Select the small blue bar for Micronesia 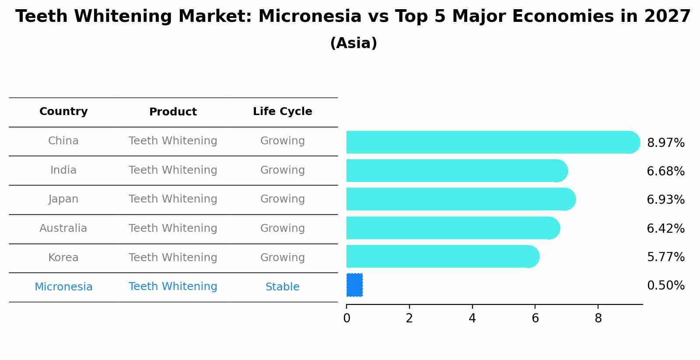point(354,285)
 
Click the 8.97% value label point(665,143)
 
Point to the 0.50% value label point(665,286)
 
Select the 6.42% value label point(665,228)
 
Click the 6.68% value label point(665,171)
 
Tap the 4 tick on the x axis point(472,318)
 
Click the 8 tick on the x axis point(598,318)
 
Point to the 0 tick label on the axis point(346,318)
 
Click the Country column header point(63,112)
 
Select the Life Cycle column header point(282,112)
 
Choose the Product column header point(173,112)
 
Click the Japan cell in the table point(63,199)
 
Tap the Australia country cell point(63,228)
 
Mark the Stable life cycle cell point(282,287)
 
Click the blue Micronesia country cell point(63,287)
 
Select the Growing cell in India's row point(282,170)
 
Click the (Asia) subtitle point(353,43)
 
